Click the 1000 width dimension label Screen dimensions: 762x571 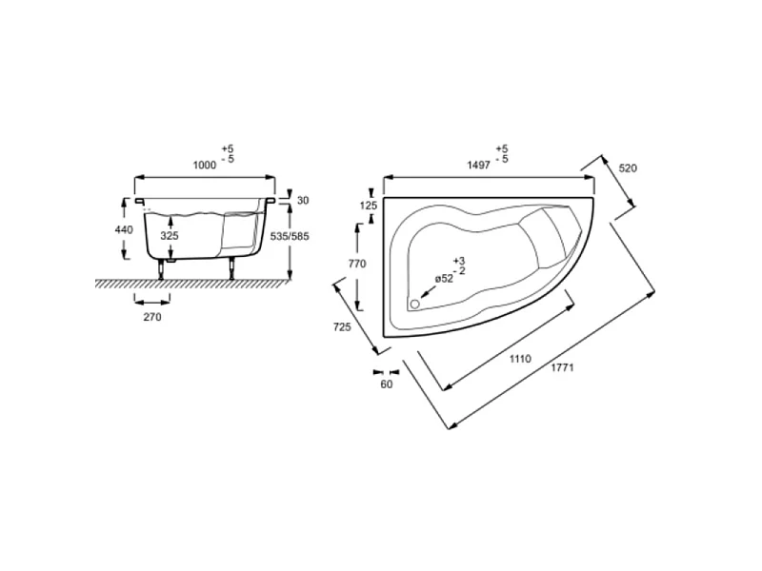204,165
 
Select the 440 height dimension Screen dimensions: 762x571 124,229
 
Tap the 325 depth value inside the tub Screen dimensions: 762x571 170,236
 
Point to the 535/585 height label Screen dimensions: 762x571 290,236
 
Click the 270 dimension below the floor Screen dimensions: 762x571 152,317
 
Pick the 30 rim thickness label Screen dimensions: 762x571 303,200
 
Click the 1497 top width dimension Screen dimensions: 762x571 479,165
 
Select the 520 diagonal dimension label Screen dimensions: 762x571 628,168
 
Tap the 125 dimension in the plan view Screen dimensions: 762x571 369,206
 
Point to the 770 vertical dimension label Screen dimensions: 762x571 357,264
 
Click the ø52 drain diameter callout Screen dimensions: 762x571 444,279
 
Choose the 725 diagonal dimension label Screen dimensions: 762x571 342,327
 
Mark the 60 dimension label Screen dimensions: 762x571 387,384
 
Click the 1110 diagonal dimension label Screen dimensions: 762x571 520,359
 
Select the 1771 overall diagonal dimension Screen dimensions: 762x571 562,367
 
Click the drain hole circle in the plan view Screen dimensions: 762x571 414,304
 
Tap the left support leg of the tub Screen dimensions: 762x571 161,269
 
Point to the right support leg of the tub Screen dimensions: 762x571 232,268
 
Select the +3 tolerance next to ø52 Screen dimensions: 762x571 459,261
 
